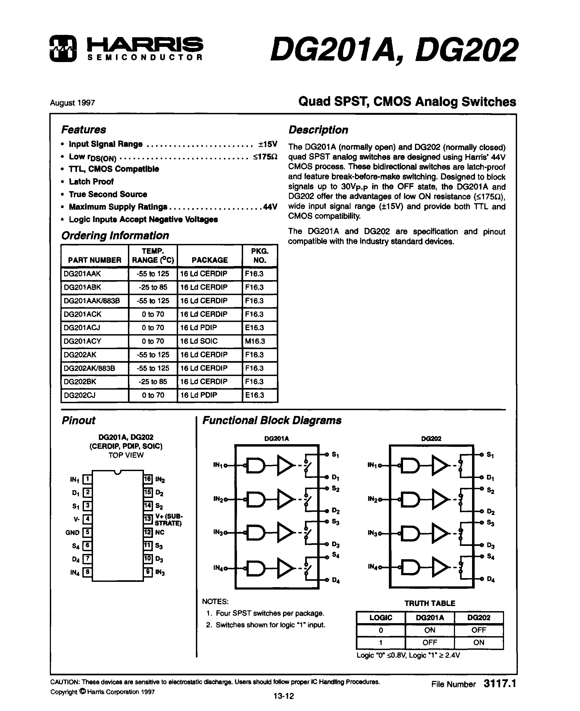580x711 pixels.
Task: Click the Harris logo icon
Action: click(63, 49)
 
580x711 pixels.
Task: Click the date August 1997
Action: click(72, 103)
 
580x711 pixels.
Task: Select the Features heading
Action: click(83, 129)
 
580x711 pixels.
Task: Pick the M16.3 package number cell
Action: click(255, 341)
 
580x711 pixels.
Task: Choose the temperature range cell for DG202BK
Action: click(153, 382)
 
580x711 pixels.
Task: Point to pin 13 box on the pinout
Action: click(148, 519)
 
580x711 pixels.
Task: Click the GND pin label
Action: click(72, 533)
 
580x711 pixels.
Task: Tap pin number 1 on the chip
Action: click(87, 479)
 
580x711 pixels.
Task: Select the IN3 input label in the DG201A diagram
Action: click(218, 532)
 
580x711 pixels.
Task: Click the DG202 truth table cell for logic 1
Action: click(478, 642)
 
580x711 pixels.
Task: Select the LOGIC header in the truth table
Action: click(381, 618)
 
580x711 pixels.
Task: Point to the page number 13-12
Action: click(283, 696)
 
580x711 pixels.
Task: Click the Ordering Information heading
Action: click(115, 235)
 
